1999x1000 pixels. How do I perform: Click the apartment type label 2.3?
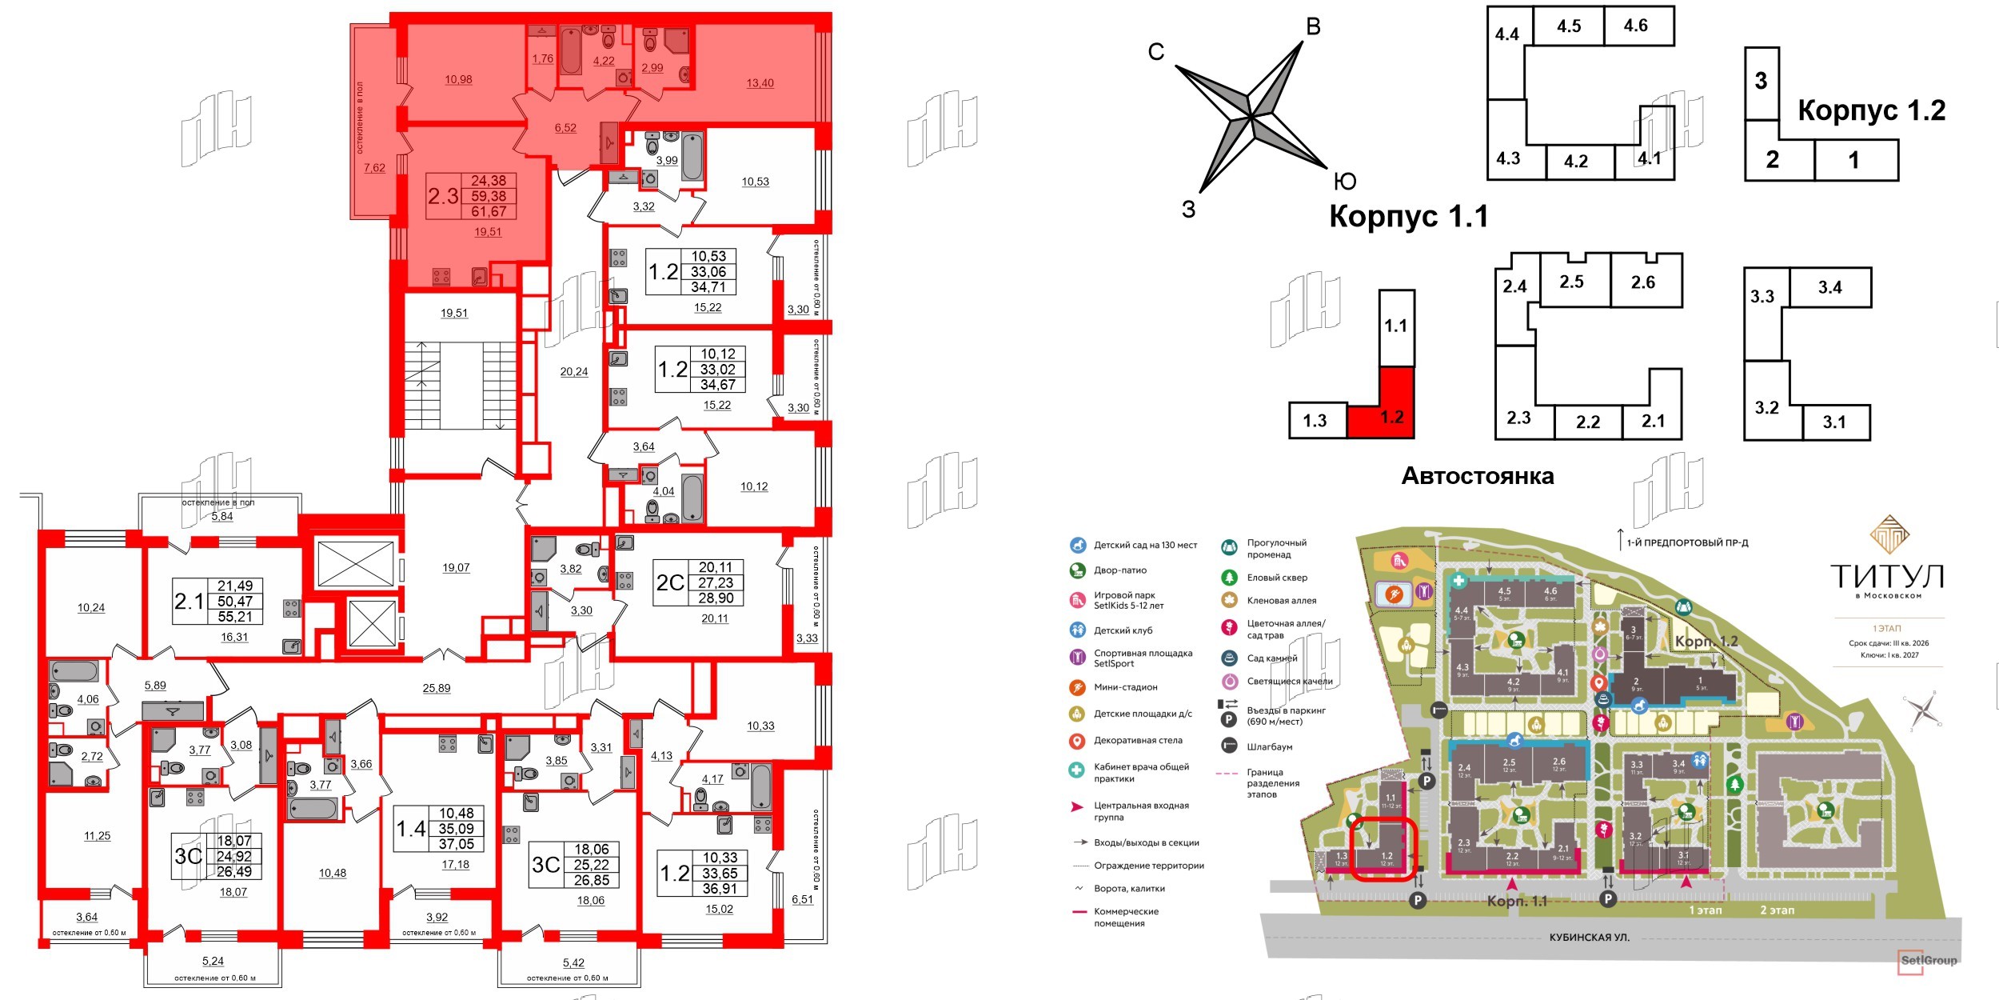pyautogui.click(x=443, y=196)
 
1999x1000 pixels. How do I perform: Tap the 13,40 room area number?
pyautogui.click(x=760, y=83)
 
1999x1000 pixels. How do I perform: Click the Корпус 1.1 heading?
pyautogui.click(x=1408, y=217)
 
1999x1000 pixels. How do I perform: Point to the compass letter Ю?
pyautogui.click(x=1345, y=182)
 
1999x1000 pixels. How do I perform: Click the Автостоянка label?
pyautogui.click(x=1477, y=476)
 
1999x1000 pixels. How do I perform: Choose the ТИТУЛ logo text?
pyautogui.click(x=1887, y=576)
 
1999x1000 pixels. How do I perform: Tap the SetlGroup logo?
pyautogui.click(x=1929, y=960)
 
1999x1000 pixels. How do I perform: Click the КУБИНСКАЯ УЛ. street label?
pyautogui.click(x=1589, y=937)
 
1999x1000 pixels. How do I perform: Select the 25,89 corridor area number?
pyautogui.click(x=437, y=688)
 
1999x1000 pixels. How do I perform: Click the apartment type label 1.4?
pyautogui.click(x=412, y=829)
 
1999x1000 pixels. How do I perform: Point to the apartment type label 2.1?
pyautogui.click(x=190, y=601)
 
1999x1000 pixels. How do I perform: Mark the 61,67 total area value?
pyautogui.click(x=489, y=212)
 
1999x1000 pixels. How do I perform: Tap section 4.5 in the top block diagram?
pyautogui.click(x=1569, y=26)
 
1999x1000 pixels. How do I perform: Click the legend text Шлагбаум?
pyautogui.click(x=1270, y=746)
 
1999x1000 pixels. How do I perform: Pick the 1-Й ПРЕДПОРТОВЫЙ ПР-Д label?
pyautogui.click(x=1687, y=543)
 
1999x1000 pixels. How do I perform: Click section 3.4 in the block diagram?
pyautogui.click(x=1829, y=287)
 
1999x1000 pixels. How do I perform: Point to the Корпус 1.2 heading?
pyautogui.click(x=1871, y=110)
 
